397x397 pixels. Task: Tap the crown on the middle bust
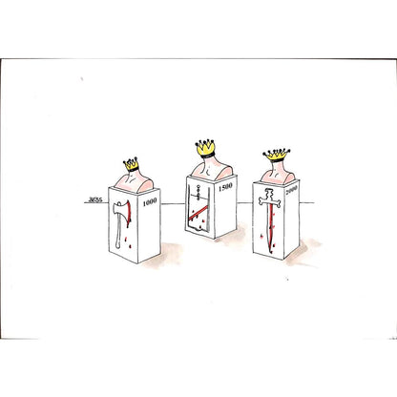pyautogui.click(x=207, y=146)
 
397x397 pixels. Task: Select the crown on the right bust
pyautogui.click(x=277, y=155)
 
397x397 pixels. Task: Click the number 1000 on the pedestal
pyautogui.click(x=150, y=203)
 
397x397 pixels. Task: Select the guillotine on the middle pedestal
pyautogui.click(x=197, y=215)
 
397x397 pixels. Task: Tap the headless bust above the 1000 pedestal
pyautogui.click(x=132, y=180)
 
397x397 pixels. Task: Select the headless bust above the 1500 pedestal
pyautogui.click(x=207, y=166)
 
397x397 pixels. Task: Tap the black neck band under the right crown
pyautogui.click(x=277, y=162)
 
